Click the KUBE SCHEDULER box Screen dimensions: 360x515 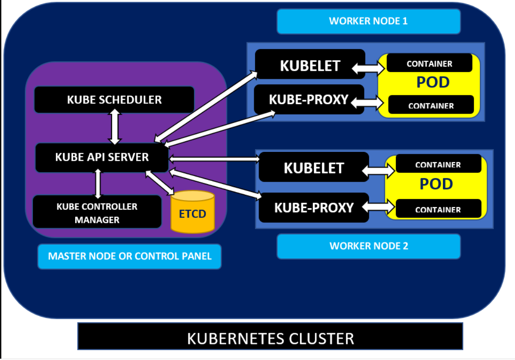click(x=114, y=99)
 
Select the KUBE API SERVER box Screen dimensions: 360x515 click(x=102, y=157)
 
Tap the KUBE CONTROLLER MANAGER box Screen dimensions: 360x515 click(x=97, y=213)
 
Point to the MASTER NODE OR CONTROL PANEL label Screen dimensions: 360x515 click(x=130, y=256)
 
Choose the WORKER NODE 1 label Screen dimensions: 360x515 click(x=368, y=21)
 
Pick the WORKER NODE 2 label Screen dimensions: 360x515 click(x=368, y=246)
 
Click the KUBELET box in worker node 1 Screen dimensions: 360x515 click(x=310, y=65)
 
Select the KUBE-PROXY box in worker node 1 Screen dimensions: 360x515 click(x=308, y=99)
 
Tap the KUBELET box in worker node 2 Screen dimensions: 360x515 click(x=314, y=168)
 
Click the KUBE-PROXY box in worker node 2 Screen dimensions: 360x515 click(x=314, y=208)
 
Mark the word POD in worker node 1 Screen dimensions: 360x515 click(x=433, y=83)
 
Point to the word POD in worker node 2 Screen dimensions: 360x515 click(x=436, y=184)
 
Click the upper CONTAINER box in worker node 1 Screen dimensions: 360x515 click(x=429, y=64)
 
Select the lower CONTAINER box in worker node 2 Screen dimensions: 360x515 click(x=438, y=209)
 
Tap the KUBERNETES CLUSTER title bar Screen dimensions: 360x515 click(x=270, y=338)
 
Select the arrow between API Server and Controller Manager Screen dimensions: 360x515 click(x=98, y=183)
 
